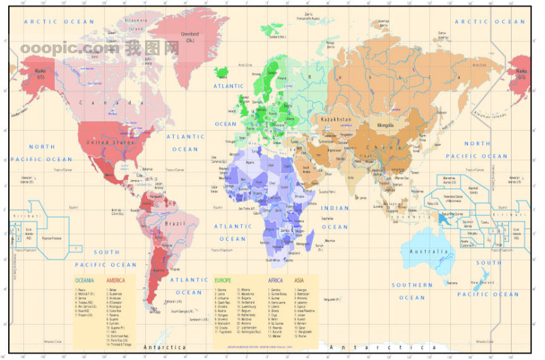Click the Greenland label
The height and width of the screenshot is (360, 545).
189,35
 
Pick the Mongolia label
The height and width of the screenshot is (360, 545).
380,125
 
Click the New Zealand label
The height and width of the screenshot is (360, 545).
482,282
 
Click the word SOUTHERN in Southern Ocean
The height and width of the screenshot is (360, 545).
411,286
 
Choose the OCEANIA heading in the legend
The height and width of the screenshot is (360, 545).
84,280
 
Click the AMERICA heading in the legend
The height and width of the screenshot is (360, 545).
116,280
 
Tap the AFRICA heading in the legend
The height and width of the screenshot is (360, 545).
275,280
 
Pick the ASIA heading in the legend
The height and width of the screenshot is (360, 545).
299,280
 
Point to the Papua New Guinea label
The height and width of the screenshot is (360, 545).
449,217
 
